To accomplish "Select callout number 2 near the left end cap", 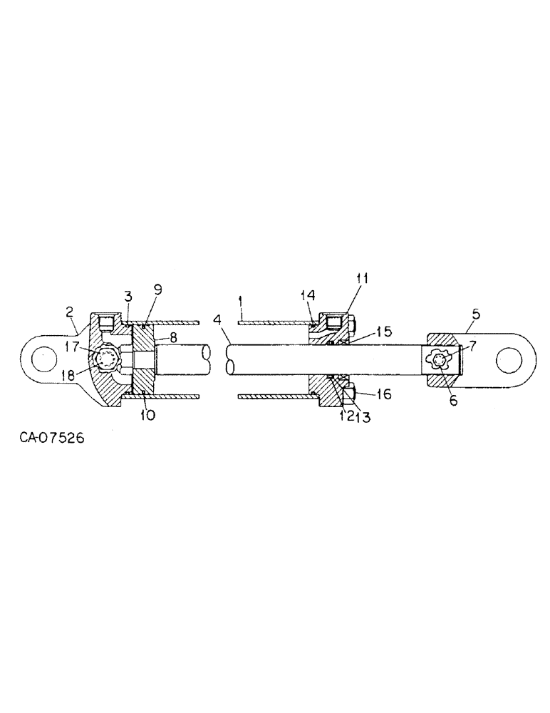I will (69, 312).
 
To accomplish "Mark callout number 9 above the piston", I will (158, 289).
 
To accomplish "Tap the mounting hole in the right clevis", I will (507, 360).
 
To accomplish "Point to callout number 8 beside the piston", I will (173, 338).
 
